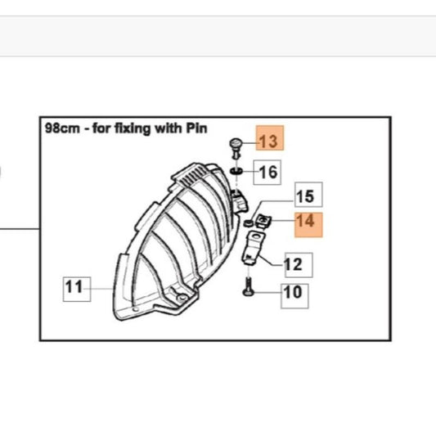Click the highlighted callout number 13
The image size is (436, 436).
coord(270,138)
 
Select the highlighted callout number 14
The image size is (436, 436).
coord(308,225)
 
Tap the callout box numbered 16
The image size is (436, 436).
coord(267,172)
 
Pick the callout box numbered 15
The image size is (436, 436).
coord(308,195)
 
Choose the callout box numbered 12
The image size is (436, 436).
coord(299,265)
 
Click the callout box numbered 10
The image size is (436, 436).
coord(294,296)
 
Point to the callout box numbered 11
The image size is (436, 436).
coord(77,290)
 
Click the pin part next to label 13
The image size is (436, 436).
coord(236,148)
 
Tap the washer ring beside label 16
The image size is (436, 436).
coord(236,171)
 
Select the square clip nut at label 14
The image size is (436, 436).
coord(263,222)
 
